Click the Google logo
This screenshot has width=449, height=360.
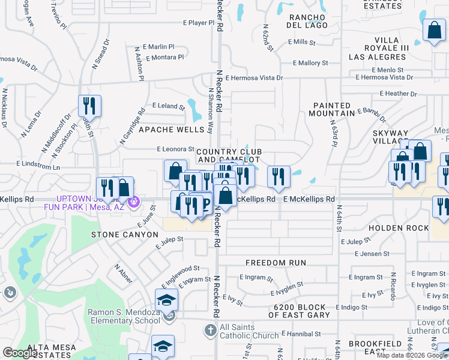pos(20,353)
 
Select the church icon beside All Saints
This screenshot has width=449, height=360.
pos(210,330)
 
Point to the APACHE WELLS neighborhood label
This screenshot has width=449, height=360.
pos(172,130)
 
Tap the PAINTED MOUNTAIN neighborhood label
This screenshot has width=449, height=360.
pos(333,109)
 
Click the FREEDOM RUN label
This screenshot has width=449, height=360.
pos(276,263)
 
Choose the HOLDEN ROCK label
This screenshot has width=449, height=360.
pos(399,228)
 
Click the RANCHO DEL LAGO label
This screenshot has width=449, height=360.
pos(309,21)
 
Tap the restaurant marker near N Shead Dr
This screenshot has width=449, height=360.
pos(89,106)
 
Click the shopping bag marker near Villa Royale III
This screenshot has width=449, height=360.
pos(433,31)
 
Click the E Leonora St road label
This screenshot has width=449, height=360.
pos(175,149)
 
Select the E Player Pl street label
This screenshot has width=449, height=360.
pos(198,23)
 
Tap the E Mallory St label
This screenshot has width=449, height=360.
pos(310,62)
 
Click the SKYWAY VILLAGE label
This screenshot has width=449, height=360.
pos(390,138)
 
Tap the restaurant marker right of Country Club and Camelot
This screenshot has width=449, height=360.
pos(278,176)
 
